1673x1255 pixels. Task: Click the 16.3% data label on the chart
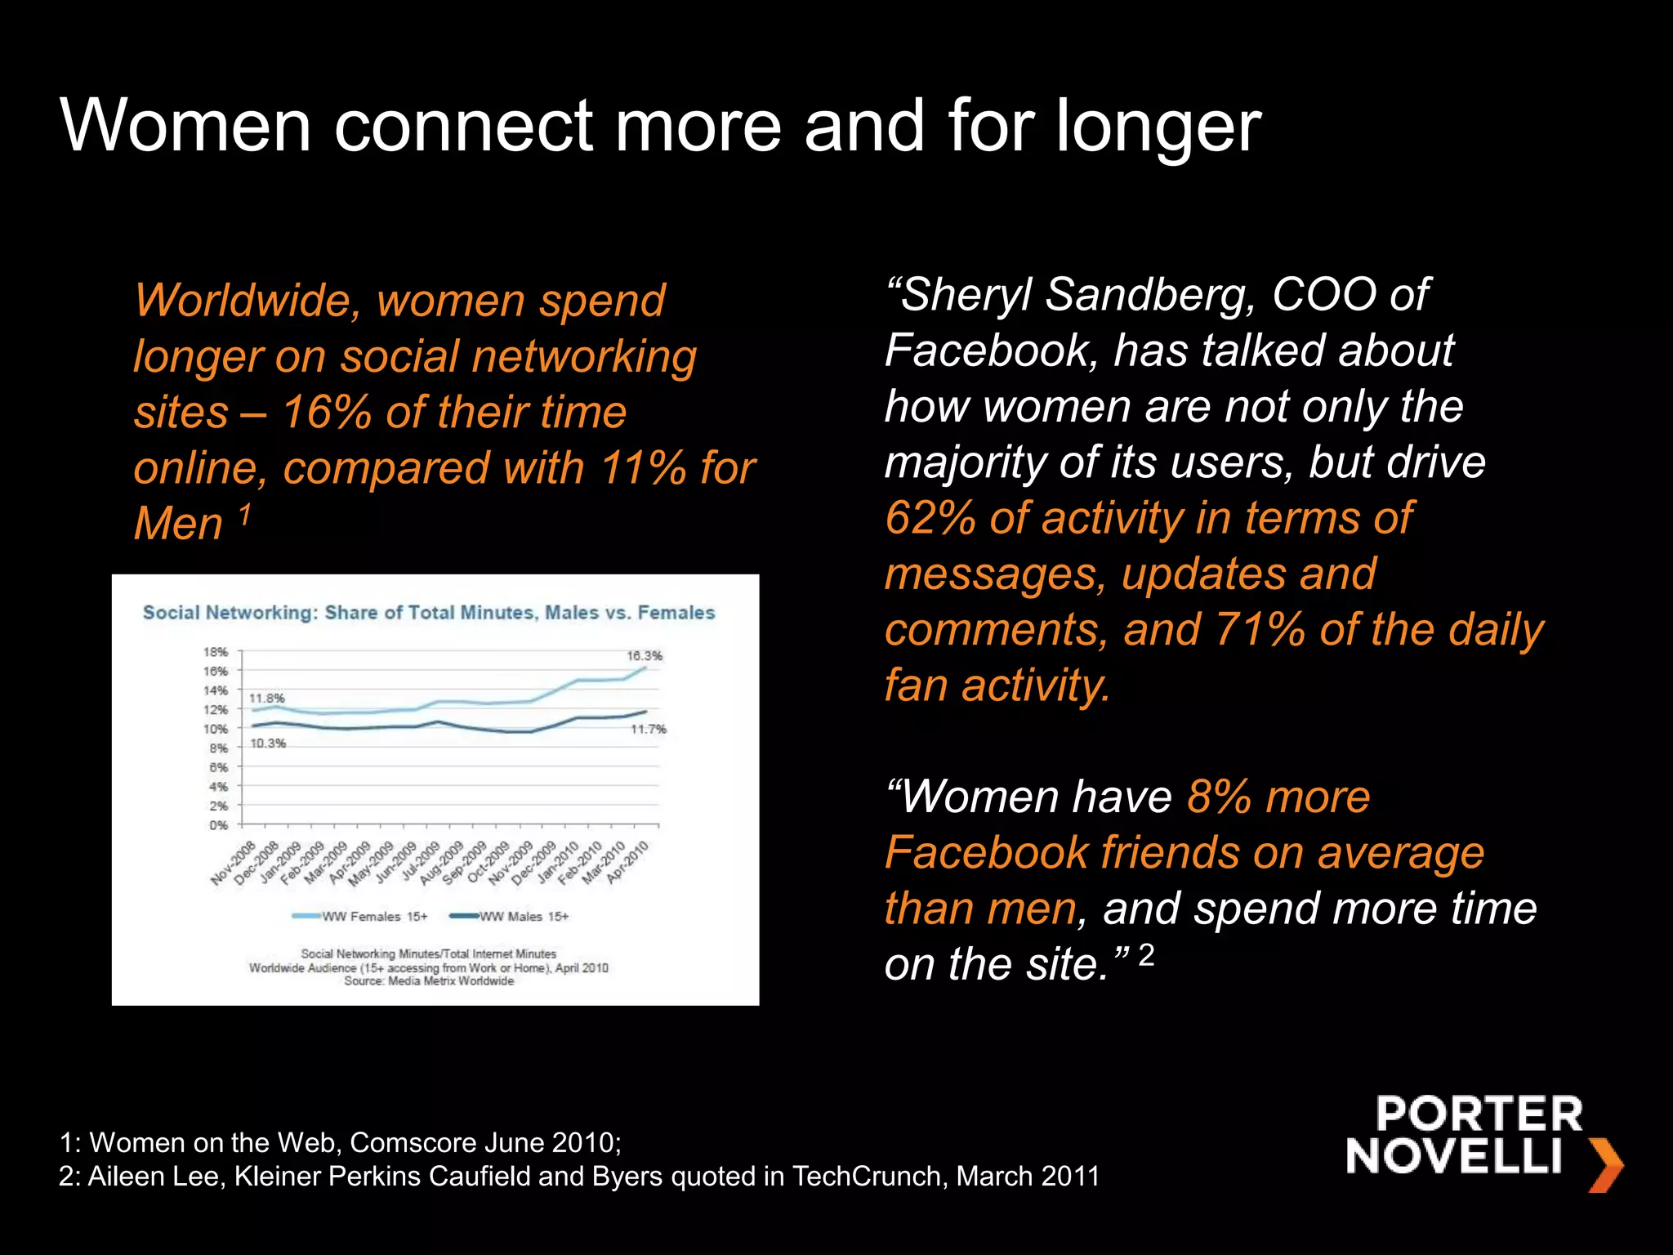[645, 655]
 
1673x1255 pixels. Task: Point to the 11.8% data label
[267, 699]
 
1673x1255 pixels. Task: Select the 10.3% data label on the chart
[268, 744]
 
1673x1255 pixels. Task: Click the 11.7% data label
[649, 729]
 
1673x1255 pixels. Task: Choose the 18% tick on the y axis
[216, 652]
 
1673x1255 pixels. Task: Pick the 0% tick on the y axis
[218, 825]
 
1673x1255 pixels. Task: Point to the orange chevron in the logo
[1606, 1163]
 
